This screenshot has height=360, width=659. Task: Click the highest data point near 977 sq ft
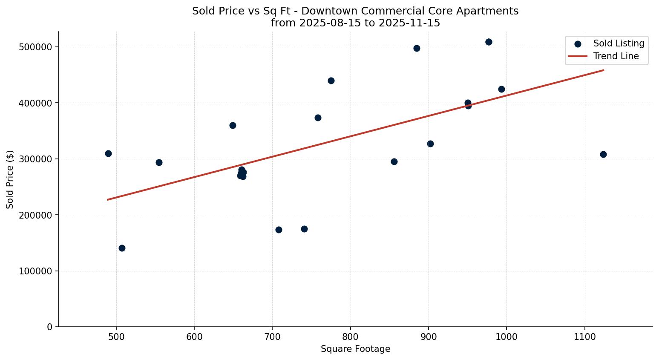pyautogui.click(x=489, y=42)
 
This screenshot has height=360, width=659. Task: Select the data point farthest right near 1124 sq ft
pyautogui.click(x=603, y=154)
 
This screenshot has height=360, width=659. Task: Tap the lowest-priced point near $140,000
pyautogui.click(x=122, y=248)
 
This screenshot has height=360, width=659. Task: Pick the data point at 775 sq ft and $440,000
pyautogui.click(x=331, y=81)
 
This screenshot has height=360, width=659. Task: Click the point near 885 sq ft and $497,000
pyautogui.click(x=417, y=48)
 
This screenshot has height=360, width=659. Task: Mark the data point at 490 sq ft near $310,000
pyautogui.click(x=108, y=153)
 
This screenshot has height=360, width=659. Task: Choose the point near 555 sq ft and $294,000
pyautogui.click(x=159, y=162)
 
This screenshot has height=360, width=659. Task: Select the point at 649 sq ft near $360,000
pyautogui.click(x=233, y=125)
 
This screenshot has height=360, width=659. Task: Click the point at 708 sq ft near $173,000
pyautogui.click(x=279, y=230)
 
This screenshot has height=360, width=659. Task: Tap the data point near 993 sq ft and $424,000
pyautogui.click(x=501, y=89)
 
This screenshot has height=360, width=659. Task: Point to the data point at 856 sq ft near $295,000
pyautogui.click(x=394, y=161)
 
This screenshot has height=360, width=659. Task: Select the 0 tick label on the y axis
pyautogui.click(x=49, y=327)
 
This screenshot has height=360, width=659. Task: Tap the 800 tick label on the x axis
pyautogui.click(x=350, y=337)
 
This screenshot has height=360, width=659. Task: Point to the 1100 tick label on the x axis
pyautogui.click(x=584, y=337)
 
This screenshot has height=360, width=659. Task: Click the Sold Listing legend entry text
pyautogui.click(x=619, y=43)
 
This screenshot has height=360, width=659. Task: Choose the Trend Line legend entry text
pyautogui.click(x=616, y=56)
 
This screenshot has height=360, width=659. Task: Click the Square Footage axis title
pyautogui.click(x=355, y=349)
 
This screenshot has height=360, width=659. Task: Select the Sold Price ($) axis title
pyautogui.click(x=10, y=179)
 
